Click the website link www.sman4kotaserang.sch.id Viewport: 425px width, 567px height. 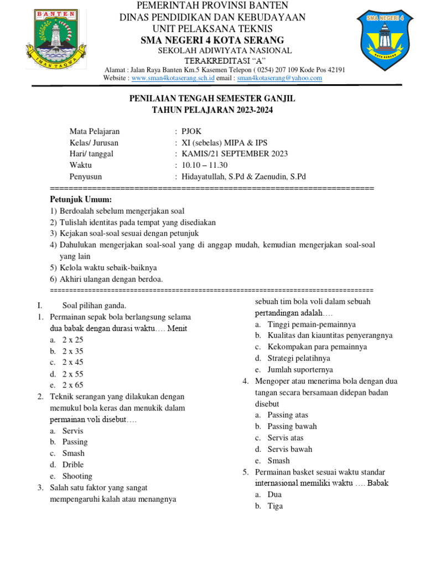click(173, 79)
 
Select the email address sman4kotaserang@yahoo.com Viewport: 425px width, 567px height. click(279, 79)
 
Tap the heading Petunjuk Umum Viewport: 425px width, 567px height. click(81, 199)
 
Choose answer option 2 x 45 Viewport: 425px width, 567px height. click(72, 362)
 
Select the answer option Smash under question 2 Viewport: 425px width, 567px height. click(73, 453)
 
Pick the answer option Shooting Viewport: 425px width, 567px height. click(77, 476)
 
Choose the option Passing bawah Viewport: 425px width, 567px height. click(292, 426)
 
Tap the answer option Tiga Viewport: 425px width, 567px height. click(275, 506)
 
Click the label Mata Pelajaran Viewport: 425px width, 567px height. click(95, 132)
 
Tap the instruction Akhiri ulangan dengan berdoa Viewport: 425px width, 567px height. click(111, 279)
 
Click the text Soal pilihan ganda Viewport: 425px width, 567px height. click(94, 306)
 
